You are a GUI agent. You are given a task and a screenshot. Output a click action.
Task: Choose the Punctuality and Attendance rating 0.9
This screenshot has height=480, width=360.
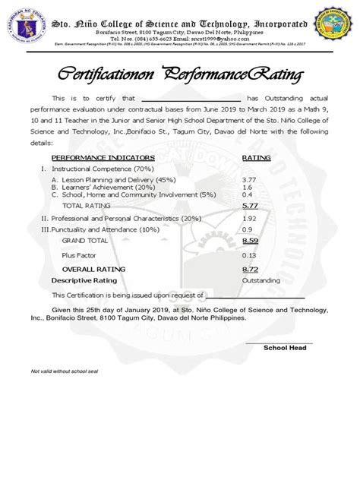[247, 229]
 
